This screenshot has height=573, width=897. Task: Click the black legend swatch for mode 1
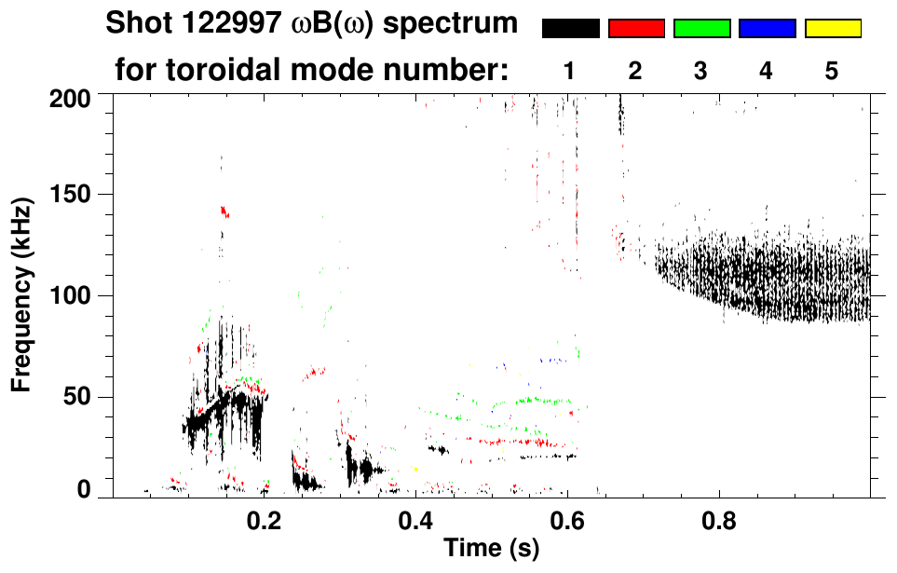point(571,29)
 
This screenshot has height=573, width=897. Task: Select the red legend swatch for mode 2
point(636,29)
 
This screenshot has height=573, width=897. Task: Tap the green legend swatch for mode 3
point(701,29)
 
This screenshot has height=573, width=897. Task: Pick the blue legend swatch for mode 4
point(767,29)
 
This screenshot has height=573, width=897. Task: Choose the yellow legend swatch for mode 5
point(833,29)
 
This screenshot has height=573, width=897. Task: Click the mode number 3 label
point(701,71)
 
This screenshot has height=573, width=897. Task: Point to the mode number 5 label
point(832,71)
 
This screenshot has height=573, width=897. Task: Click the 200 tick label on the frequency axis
point(69,97)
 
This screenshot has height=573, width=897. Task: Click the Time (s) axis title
point(490,550)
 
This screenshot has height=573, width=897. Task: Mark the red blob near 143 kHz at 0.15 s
point(224,211)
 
